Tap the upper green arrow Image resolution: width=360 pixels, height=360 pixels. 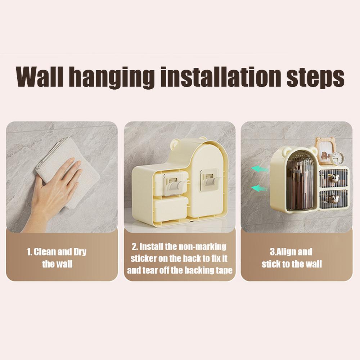(x=259, y=168)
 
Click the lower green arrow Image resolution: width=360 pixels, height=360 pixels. (x=259, y=188)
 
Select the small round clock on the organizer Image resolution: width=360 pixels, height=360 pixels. (x=337, y=158)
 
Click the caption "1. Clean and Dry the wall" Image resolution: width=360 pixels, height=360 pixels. (x=57, y=258)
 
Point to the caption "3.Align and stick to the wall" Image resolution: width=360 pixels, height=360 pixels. (x=292, y=258)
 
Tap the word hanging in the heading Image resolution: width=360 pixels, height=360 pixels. (x=117, y=77)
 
